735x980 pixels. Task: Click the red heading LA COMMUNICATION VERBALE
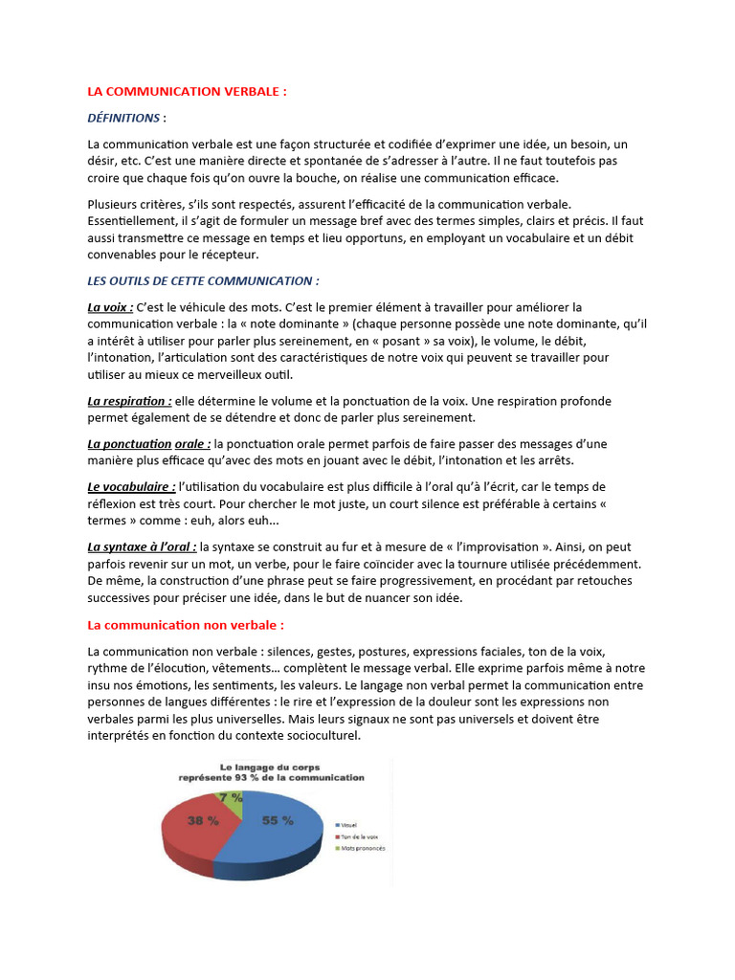[187, 92]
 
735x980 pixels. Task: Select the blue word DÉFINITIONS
[123, 118]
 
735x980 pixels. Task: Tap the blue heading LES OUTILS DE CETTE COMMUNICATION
[203, 280]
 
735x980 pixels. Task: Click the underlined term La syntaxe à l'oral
[142, 546]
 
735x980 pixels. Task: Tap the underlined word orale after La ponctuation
[192, 444]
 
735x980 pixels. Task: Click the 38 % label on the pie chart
[201, 820]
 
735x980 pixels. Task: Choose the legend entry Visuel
[350, 824]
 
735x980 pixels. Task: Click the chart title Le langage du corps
[273, 768]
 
